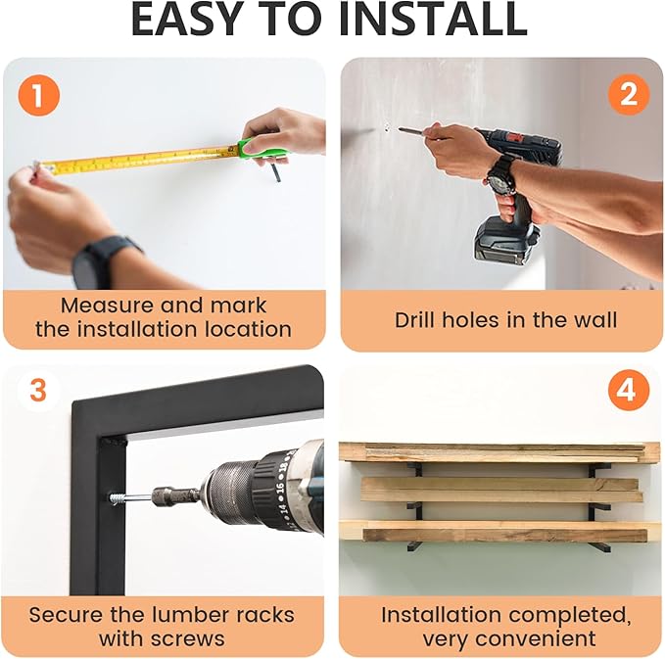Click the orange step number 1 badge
(x=38, y=95)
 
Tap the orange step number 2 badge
(x=629, y=95)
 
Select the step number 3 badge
(x=38, y=391)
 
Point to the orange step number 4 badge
(x=629, y=391)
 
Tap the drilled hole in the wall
(x=387, y=127)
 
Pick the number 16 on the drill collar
(x=280, y=485)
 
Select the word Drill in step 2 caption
(x=416, y=320)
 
